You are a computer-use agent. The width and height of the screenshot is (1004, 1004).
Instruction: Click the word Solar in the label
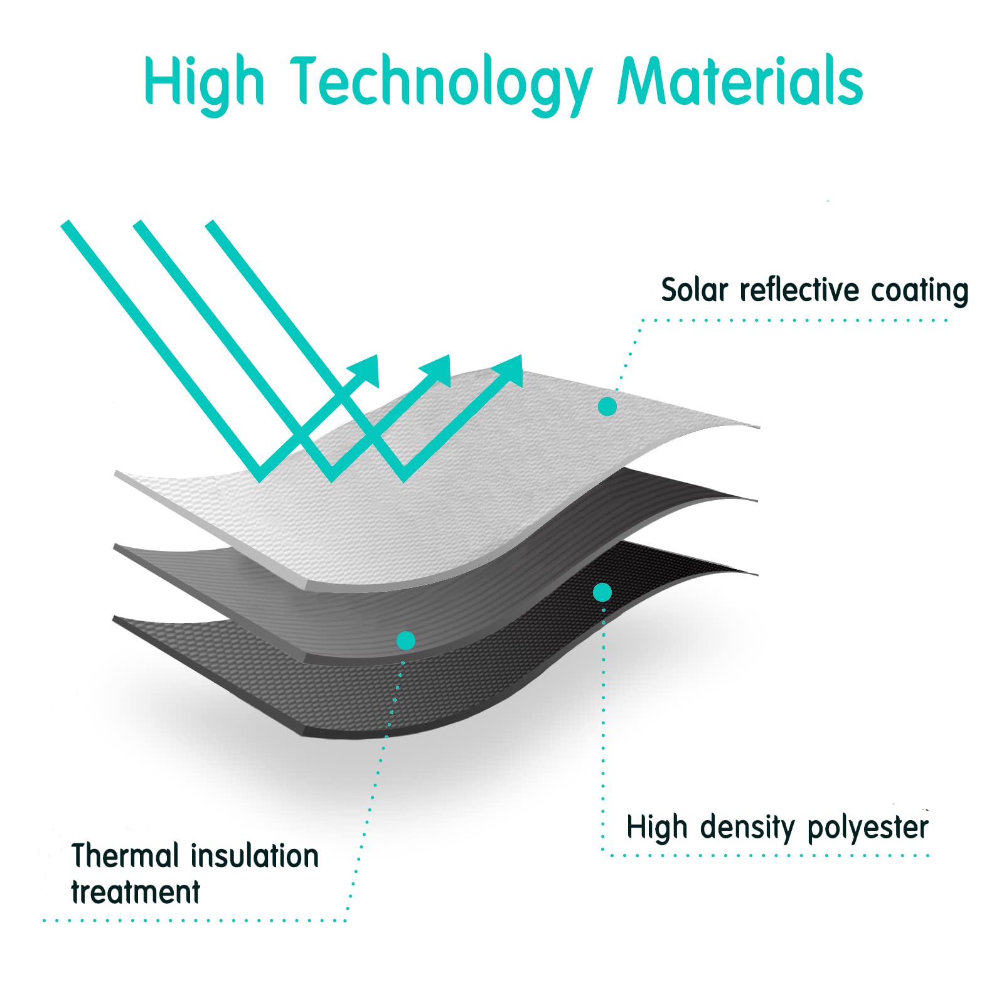tap(695, 290)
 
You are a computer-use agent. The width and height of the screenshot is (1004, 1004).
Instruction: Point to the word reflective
tap(799, 290)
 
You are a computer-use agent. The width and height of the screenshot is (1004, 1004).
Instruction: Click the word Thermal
tap(125, 856)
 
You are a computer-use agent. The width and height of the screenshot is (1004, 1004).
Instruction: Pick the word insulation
tap(255, 856)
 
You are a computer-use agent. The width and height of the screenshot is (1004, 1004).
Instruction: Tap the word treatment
tap(136, 892)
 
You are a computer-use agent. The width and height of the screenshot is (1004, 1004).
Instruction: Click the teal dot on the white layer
tap(607, 407)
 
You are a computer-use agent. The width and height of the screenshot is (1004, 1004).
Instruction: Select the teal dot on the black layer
tap(602, 592)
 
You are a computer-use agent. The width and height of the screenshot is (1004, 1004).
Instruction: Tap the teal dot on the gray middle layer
tap(406, 641)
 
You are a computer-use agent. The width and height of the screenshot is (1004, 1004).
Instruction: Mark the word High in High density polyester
tap(658, 827)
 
